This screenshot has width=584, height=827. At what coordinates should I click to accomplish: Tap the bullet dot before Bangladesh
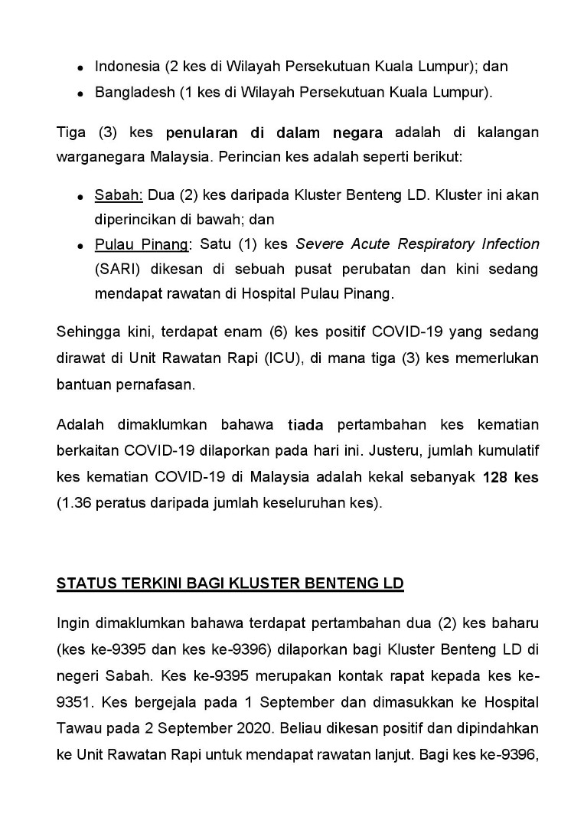[80, 95]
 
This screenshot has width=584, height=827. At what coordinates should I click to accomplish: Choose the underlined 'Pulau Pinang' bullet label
[142, 244]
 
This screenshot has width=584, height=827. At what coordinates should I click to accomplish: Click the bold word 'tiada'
[305, 425]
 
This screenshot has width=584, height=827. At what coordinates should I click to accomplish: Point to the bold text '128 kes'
[511, 477]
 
